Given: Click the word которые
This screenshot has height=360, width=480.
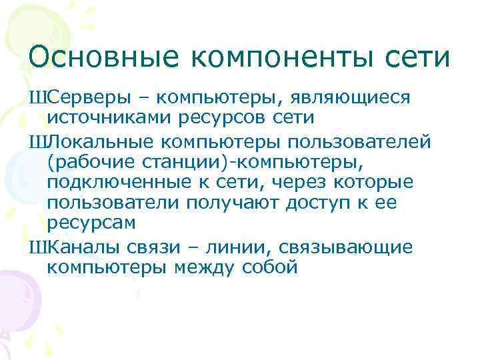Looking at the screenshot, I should click(375, 182).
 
